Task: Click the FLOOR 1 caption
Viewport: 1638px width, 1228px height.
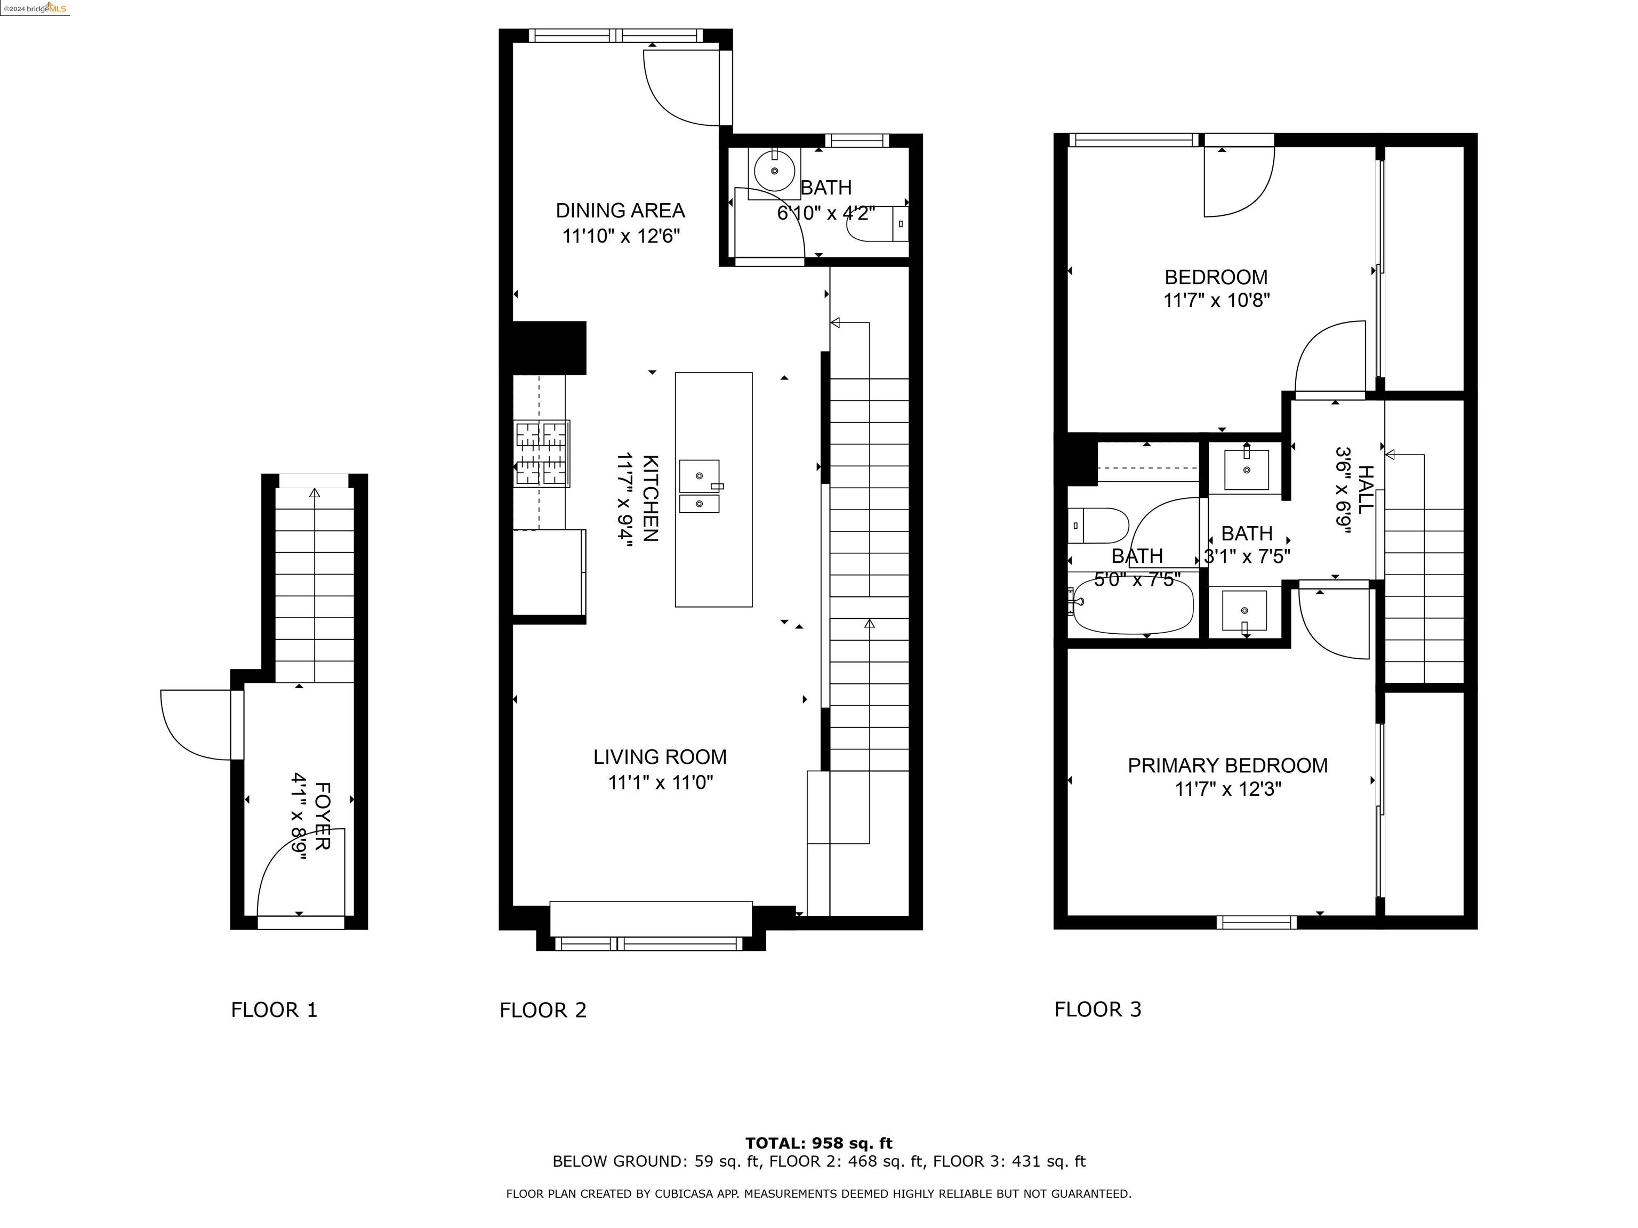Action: coord(274,1009)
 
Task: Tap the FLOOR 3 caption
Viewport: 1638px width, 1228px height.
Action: coord(1097,1009)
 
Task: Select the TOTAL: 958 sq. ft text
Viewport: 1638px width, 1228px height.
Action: coord(818,1143)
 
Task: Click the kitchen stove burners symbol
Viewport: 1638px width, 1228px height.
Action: coord(541,453)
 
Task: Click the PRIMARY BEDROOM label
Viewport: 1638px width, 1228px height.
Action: coord(1227,765)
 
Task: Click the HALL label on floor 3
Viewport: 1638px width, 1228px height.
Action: coord(1366,489)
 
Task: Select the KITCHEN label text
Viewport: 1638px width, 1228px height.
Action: coord(649,498)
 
